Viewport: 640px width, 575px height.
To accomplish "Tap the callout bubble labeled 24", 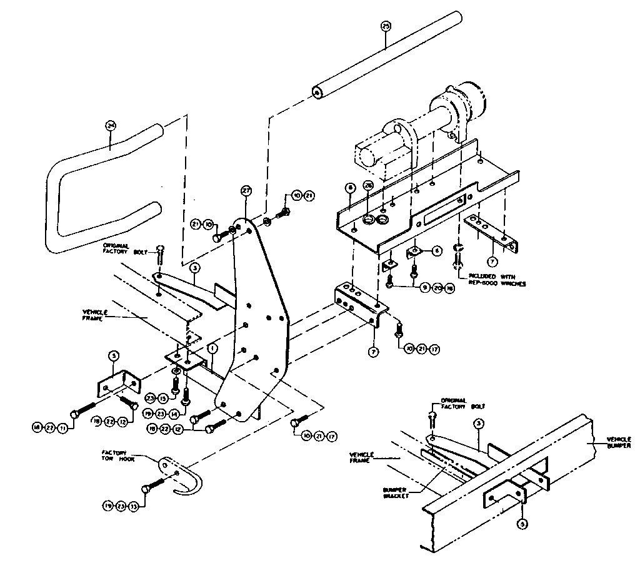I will click(x=111, y=126).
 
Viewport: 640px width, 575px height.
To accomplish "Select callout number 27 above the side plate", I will click(x=245, y=191).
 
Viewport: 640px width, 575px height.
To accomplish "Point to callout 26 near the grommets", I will click(x=368, y=187).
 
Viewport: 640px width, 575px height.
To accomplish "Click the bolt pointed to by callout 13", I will click(x=154, y=486).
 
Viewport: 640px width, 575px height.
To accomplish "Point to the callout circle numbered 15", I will click(x=162, y=398).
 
